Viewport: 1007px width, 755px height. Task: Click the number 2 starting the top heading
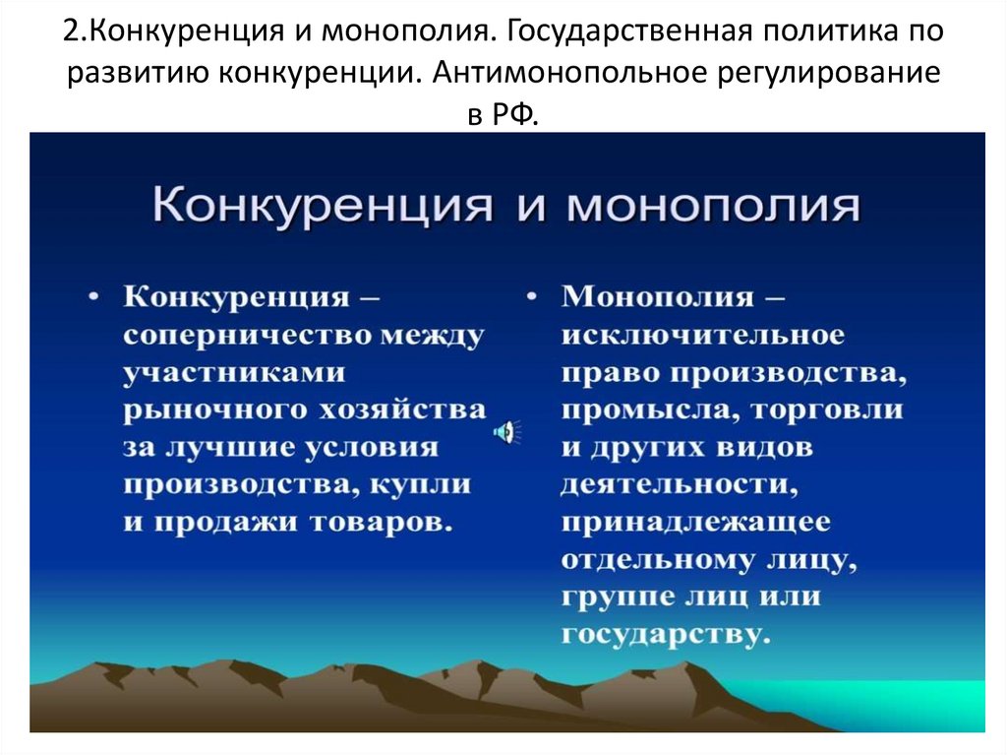coord(71,33)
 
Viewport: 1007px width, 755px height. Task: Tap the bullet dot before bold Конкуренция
coord(94,296)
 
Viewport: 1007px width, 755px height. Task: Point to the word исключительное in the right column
coord(703,335)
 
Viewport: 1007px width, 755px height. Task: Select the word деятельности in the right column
coord(680,484)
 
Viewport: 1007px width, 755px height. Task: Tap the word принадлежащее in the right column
coord(696,522)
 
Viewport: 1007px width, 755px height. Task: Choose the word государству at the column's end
coord(665,634)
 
